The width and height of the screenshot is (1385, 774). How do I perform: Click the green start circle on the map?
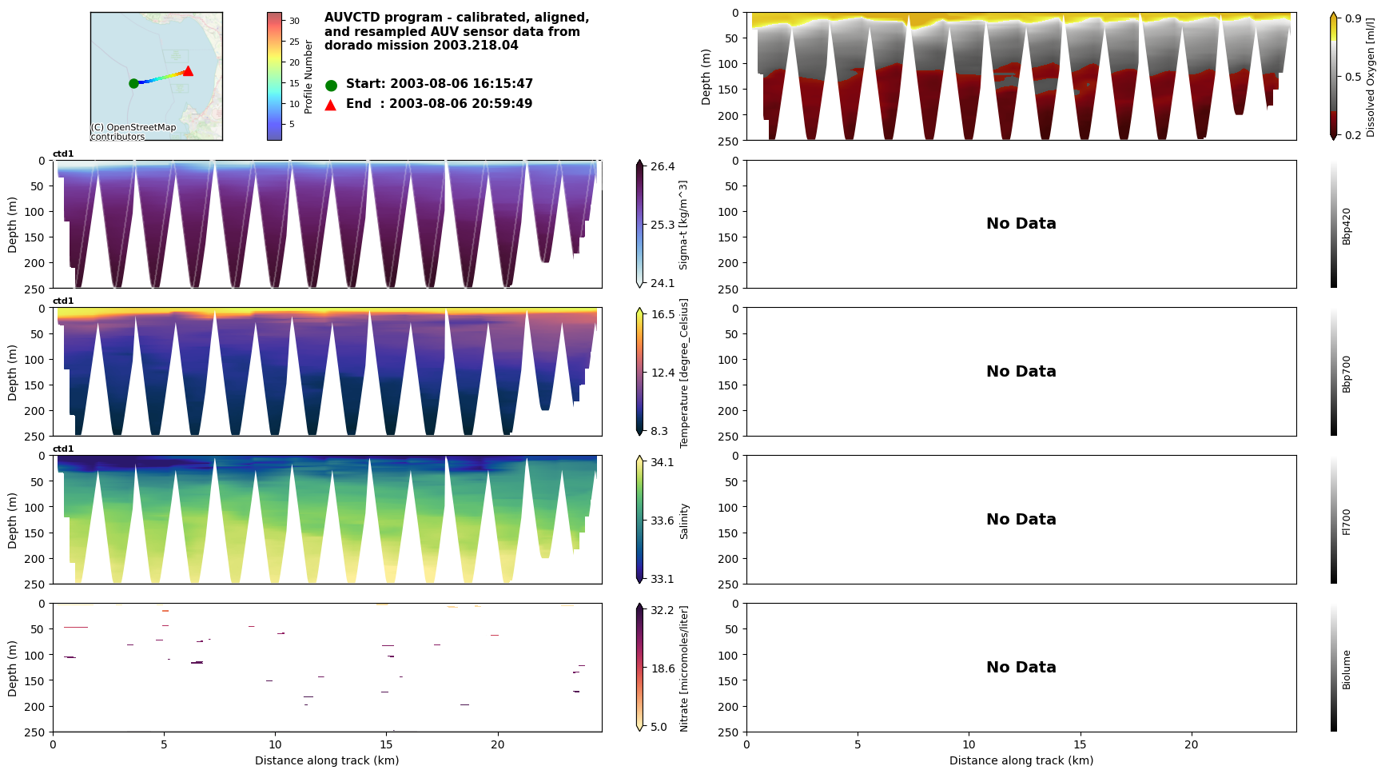(133, 83)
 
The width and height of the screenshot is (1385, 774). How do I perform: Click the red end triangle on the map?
(188, 71)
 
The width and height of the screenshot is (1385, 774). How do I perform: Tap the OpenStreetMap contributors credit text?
(133, 132)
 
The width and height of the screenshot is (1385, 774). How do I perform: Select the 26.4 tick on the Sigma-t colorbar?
(662, 166)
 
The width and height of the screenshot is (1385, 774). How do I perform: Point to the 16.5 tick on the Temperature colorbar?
(663, 314)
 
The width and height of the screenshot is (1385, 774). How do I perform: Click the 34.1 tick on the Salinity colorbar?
(662, 462)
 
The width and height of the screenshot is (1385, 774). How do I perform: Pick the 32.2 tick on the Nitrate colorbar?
(662, 610)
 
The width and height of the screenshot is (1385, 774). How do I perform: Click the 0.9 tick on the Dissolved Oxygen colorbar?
(1353, 18)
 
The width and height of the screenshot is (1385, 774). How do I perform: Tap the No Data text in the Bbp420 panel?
(1021, 224)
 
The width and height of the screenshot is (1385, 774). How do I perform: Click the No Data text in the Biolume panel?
(1021, 668)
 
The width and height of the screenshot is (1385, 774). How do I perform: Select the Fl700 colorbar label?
(1347, 521)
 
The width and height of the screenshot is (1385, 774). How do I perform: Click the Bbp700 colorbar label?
(1347, 373)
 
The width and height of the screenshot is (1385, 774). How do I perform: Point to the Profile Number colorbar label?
(309, 77)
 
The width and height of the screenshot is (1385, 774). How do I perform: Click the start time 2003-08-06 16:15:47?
(461, 84)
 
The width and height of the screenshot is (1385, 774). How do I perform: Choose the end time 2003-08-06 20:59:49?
(460, 104)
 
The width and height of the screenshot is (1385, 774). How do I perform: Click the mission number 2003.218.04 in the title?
(479, 46)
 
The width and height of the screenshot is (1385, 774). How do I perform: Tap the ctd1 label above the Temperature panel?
(63, 301)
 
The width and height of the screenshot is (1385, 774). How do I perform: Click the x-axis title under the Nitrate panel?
(327, 760)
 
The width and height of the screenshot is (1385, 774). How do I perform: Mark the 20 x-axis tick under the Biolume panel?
(1191, 744)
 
